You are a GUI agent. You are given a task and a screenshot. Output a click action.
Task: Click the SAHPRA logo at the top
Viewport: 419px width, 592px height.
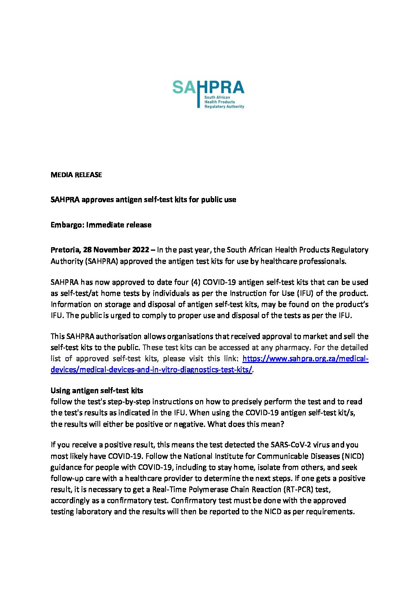(x=208, y=94)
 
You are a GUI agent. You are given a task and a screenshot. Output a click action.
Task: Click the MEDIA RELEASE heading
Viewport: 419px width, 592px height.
(x=76, y=175)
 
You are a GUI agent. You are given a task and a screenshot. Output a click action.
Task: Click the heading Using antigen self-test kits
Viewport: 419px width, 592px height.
(x=97, y=391)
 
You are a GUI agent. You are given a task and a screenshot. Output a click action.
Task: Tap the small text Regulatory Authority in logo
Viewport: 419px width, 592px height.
(x=224, y=106)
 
